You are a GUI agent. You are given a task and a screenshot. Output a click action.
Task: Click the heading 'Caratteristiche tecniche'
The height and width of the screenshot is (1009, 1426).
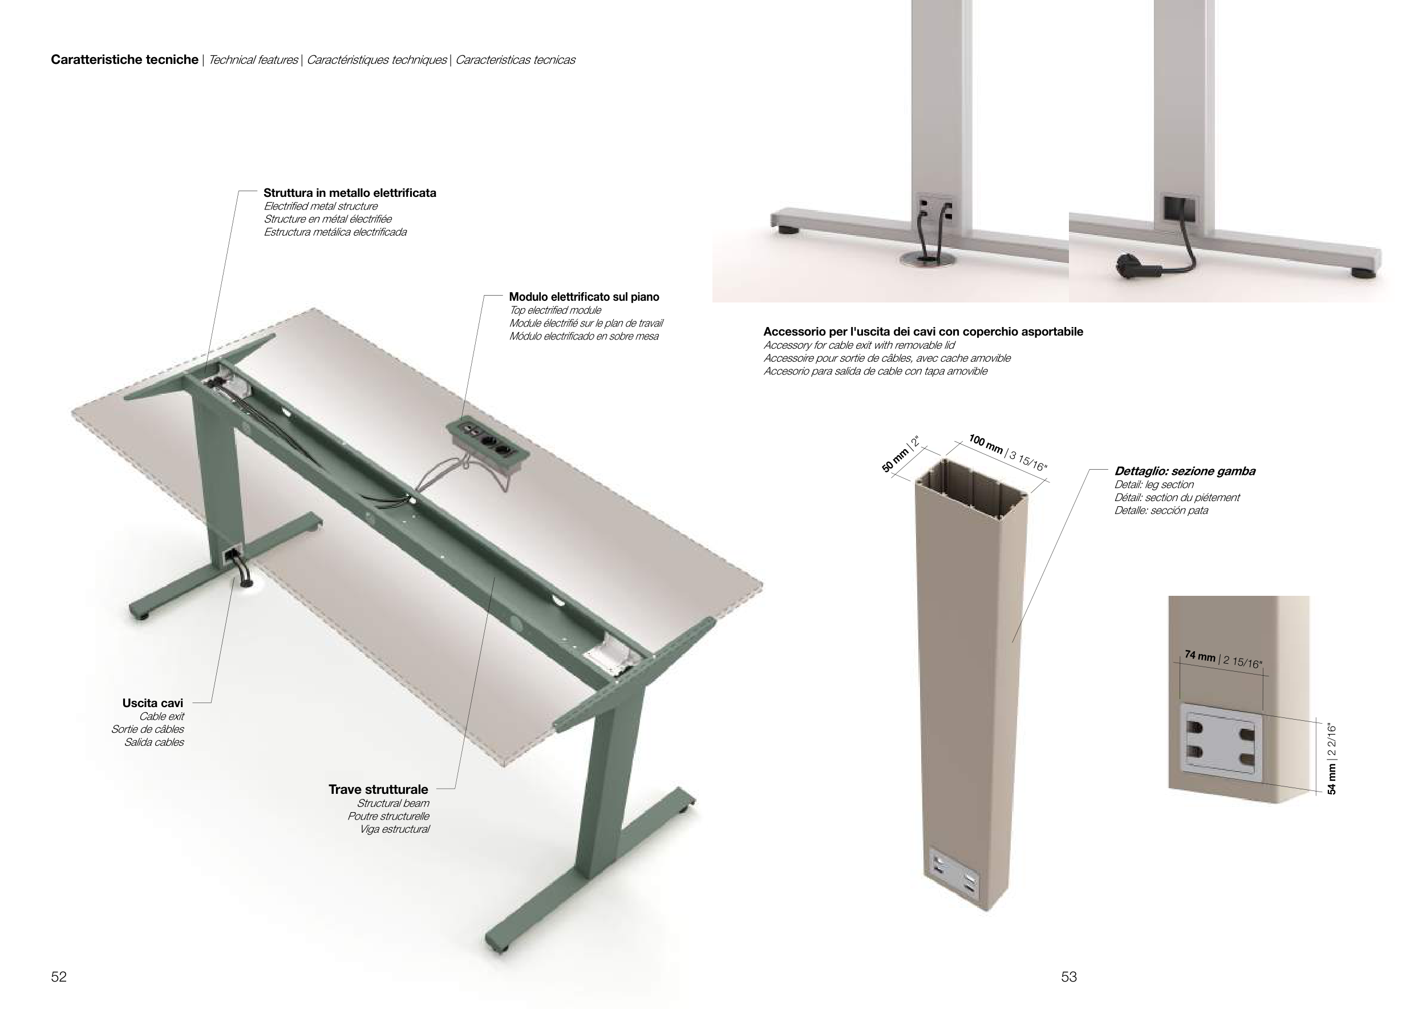(x=124, y=60)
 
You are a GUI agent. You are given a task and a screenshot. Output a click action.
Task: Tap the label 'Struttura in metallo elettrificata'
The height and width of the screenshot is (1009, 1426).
(x=350, y=192)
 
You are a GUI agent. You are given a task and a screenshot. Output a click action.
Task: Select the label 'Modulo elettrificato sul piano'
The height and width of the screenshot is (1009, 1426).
(x=584, y=297)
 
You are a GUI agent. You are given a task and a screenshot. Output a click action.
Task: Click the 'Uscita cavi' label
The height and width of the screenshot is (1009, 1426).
(x=153, y=703)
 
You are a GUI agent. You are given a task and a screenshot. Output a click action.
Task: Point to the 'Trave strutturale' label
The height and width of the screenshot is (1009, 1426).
(x=378, y=789)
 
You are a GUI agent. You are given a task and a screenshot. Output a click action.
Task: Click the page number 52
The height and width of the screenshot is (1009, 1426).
(x=58, y=976)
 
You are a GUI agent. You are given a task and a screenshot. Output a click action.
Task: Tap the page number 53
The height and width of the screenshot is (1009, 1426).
(x=1069, y=976)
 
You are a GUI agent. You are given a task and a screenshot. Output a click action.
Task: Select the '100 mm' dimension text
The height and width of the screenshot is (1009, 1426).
(x=986, y=445)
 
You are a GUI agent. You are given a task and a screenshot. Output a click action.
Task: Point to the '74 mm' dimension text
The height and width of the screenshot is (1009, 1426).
(x=1200, y=656)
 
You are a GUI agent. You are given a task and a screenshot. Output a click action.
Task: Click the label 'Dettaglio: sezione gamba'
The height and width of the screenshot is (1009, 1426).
(x=1184, y=471)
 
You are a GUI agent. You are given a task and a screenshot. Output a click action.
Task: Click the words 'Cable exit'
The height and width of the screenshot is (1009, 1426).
(x=161, y=716)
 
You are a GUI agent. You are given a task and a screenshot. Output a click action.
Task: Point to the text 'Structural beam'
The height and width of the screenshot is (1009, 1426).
(x=392, y=804)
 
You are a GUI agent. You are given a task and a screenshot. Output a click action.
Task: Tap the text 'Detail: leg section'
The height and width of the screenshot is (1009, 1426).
(x=1154, y=485)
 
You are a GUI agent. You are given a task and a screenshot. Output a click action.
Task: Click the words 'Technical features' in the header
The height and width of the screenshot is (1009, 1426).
(x=253, y=60)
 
